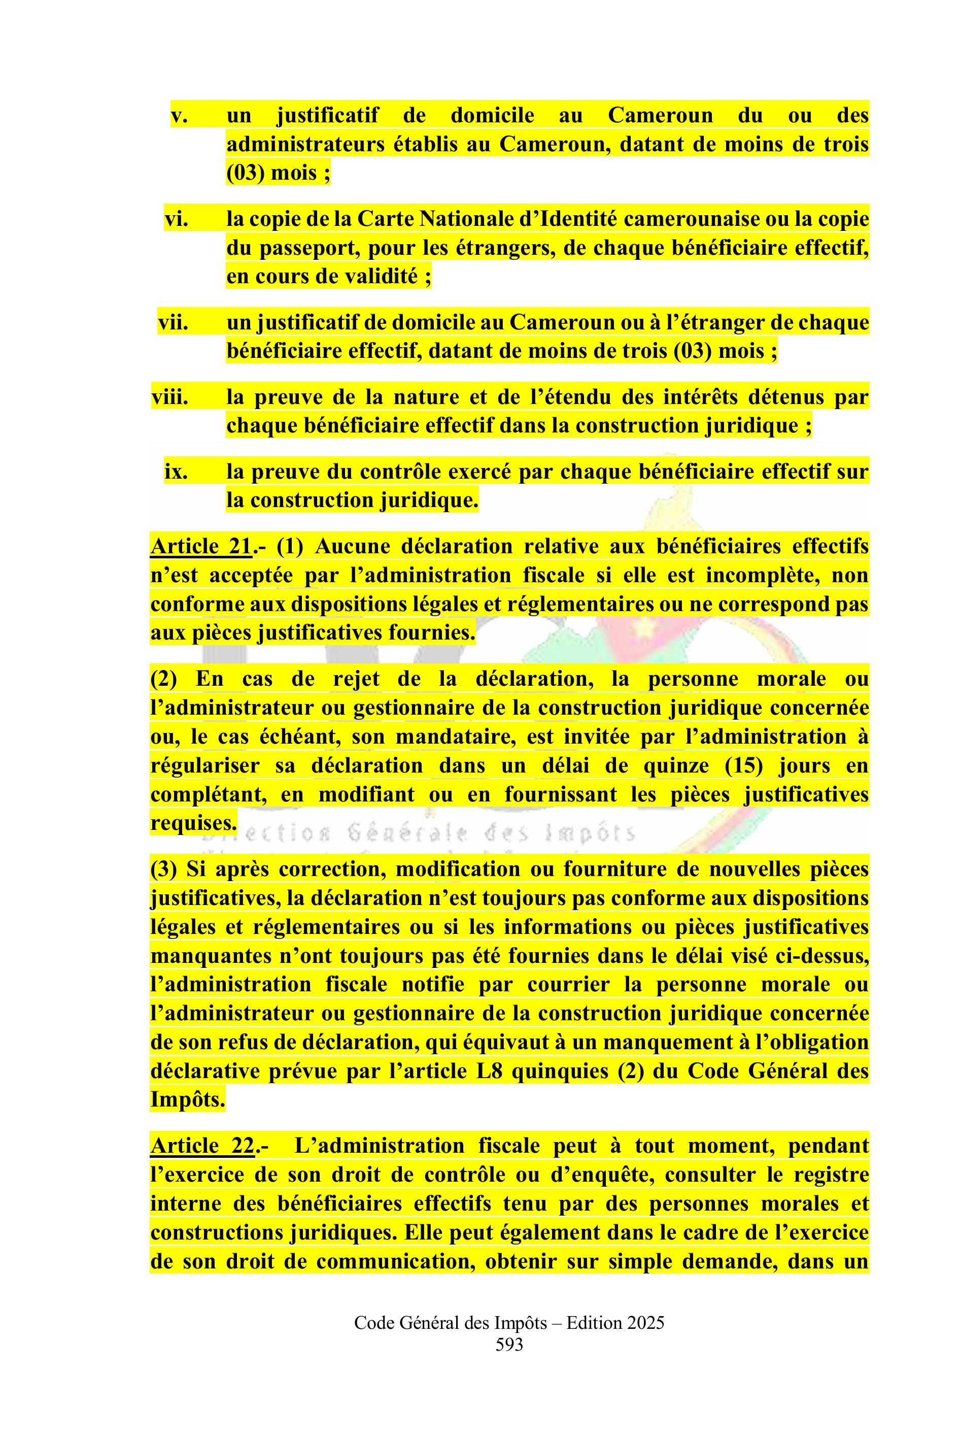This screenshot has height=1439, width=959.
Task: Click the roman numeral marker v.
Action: (x=179, y=116)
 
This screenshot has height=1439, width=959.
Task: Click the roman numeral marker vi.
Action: (x=176, y=219)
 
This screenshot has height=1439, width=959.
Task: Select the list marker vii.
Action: (x=173, y=322)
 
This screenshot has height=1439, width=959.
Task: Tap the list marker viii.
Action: (x=170, y=397)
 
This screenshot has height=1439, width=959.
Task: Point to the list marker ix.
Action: (x=176, y=473)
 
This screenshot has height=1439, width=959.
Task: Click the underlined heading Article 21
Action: (x=200, y=546)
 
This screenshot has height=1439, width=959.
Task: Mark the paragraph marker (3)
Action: (x=163, y=869)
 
